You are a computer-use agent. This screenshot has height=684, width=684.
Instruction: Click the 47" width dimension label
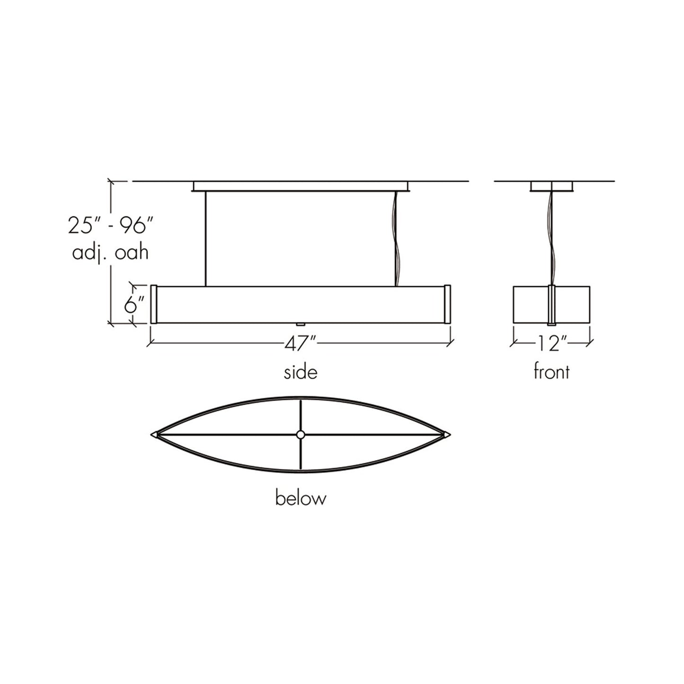point(300,344)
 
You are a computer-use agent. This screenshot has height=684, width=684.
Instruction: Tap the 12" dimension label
point(551,344)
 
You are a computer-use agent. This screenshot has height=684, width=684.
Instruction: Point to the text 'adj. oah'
point(110,253)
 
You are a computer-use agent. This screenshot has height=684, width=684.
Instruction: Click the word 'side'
point(301,372)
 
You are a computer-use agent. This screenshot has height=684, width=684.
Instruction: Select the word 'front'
point(551,372)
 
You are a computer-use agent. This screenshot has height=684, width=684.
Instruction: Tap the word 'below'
point(301,498)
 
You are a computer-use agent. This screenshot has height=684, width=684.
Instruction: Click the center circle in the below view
point(301,435)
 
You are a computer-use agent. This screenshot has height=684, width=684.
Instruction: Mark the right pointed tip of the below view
point(447,434)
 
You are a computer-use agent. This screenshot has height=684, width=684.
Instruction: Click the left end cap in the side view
point(154,304)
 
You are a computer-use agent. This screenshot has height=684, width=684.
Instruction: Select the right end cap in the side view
point(447,304)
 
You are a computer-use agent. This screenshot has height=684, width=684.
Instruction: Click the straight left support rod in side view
point(205,239)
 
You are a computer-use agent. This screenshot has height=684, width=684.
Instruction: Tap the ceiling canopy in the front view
point(551,187)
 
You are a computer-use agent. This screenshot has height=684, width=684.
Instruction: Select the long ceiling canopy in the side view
point(301,186)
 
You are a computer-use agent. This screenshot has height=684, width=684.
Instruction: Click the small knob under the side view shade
point(300,325)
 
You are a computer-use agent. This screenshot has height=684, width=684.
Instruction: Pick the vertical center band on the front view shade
point(551,305)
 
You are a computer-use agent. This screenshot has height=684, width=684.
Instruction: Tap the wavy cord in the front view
point(551,237)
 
